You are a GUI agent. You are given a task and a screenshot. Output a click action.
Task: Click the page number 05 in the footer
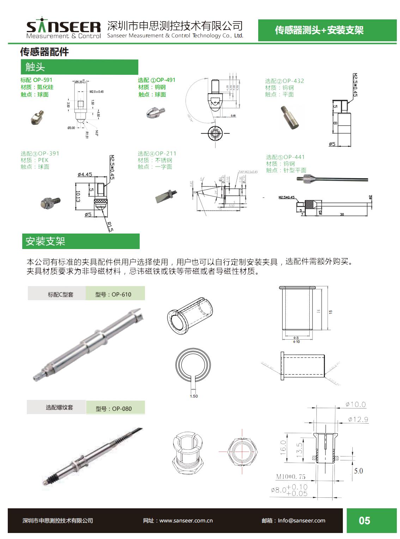(x=364, y=521)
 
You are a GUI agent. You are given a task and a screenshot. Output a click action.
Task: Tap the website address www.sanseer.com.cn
(x=186, y=521)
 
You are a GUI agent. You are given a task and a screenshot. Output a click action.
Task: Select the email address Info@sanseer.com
(x=301, y=521)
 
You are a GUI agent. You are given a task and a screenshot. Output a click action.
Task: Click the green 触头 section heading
(x=79, y=67)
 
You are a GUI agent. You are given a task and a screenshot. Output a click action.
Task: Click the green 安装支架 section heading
(x=81, y=241)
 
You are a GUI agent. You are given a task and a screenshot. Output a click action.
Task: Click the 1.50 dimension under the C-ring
(x=194, y=396)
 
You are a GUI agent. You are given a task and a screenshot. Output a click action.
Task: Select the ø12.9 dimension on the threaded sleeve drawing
(x=358, y=419)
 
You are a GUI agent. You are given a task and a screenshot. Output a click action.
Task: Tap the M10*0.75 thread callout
(x=291, y=477)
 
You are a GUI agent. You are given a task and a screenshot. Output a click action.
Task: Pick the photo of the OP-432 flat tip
(x=291, y=117)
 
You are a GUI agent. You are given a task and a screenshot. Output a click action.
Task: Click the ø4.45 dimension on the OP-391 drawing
(x=85, y=174)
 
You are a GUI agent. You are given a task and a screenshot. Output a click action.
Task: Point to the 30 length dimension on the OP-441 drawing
(x=342, y=214)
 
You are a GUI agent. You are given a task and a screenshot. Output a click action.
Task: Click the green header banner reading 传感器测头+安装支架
(x=319, y=30)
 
